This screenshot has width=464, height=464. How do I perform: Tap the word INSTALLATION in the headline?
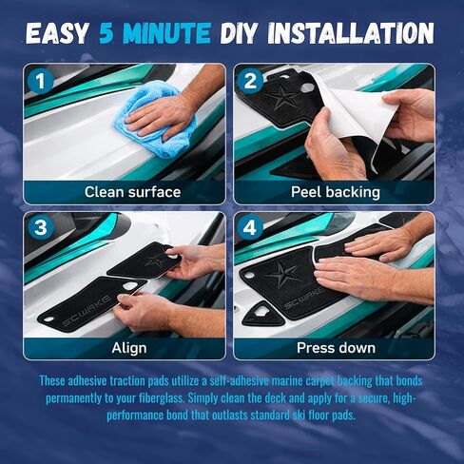click(x=351, y=33)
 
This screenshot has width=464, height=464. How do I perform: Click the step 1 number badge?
click(x=41, y=81)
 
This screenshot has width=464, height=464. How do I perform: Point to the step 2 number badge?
click(x=250, y=81)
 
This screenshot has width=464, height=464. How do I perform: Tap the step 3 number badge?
click(x=41, y=227)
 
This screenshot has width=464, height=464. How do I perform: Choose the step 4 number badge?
click(x=250, y=227)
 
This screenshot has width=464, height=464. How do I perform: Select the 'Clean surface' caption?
click(x=132, y=192)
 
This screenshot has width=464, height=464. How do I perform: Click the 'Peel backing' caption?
click(x=336, y=192)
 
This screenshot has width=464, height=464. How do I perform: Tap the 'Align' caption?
click(x=129, y=348)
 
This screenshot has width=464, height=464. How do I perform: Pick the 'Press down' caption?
click(x=336, y=348)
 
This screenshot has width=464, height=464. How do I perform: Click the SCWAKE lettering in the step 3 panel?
click(x=87, y=311)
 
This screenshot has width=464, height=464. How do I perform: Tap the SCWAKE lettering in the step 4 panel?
click(x=303, y=299)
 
